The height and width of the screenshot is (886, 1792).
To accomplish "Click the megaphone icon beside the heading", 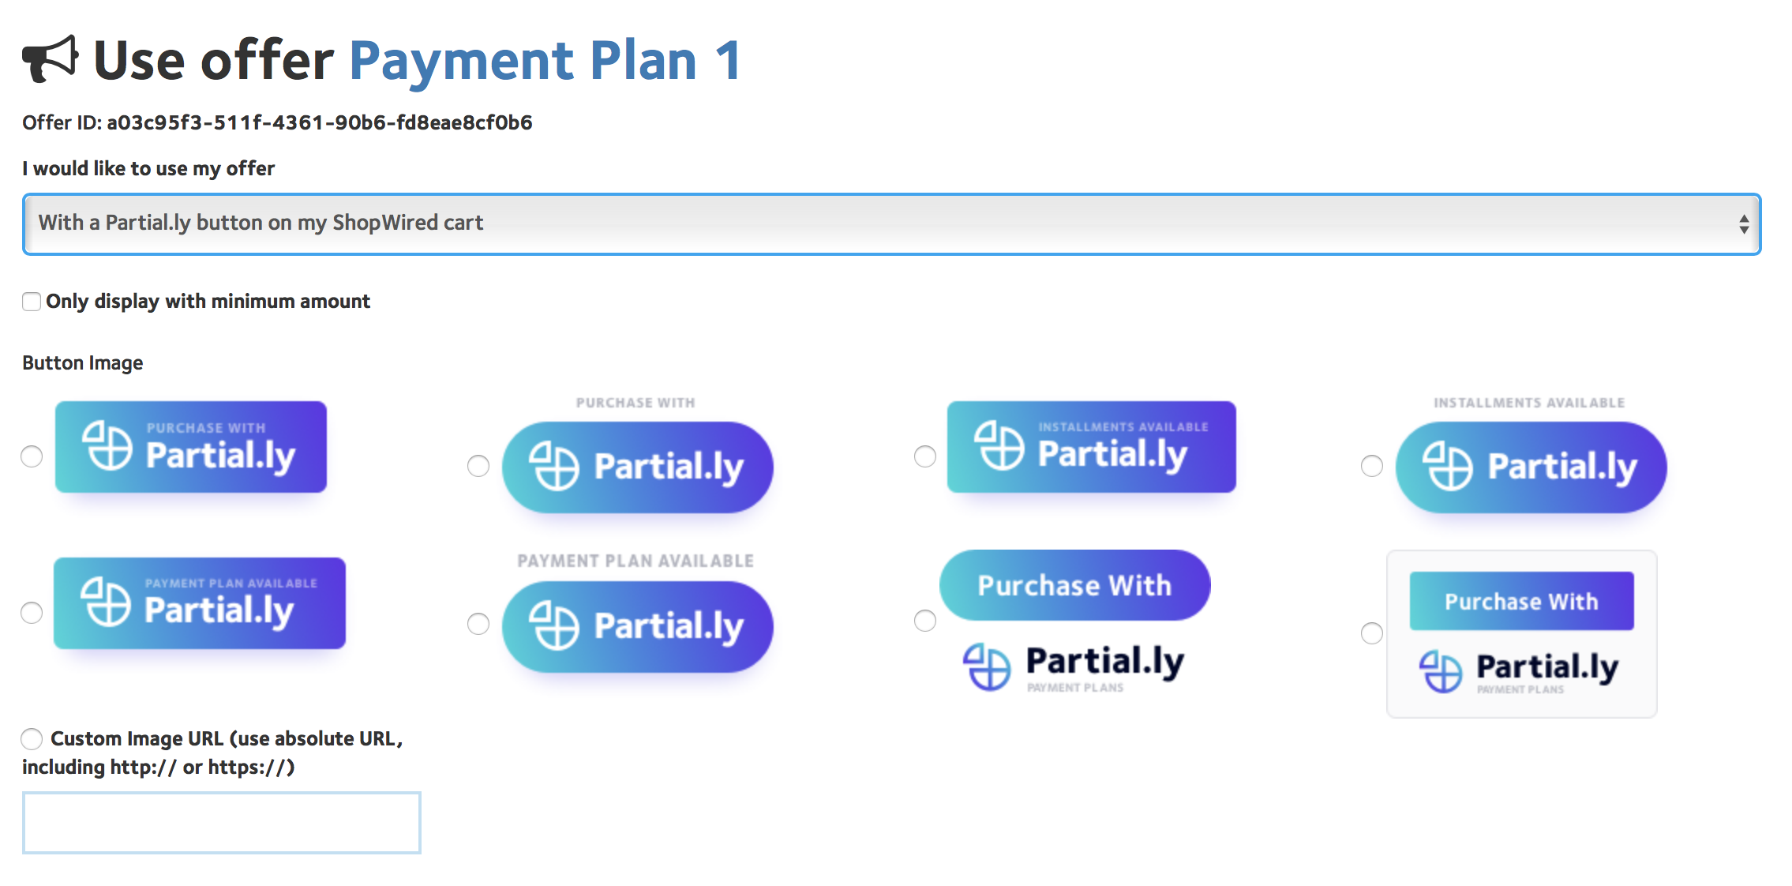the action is (x=51, y=59).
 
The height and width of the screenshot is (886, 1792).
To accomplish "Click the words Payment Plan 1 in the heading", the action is (x=545, y=61).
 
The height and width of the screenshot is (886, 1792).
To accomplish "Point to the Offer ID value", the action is (x=320, y=122).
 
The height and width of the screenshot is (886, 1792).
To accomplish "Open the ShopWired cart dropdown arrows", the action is (x=1743, y=224).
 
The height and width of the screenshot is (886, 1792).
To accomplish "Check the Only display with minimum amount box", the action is (x=32, y=302).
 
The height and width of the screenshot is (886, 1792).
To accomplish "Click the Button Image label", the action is (x=83, y=363).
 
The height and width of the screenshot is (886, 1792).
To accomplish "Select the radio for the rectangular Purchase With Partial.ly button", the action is (x=32, y=456).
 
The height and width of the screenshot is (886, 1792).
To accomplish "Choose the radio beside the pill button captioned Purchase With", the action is (x=478, y=466).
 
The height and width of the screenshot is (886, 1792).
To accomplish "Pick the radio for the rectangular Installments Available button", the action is (x=925, y=456).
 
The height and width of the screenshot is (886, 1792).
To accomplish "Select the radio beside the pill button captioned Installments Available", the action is (x=1372, y=466).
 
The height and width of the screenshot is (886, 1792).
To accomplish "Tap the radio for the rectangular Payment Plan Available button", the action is (x=32, y=613).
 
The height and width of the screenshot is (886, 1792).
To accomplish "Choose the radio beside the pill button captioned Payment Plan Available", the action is (x=478, y=624).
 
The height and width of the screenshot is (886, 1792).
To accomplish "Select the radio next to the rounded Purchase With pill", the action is (x=925, y=621).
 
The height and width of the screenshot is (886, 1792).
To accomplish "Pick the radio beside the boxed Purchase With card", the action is (x=1372, y=633).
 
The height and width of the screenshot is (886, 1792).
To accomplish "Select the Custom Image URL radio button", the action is (x=32, y=739).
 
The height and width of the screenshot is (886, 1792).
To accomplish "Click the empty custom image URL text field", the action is (x=222, y=823).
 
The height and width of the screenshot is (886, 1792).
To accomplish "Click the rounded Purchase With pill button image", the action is (x=1074, y=585).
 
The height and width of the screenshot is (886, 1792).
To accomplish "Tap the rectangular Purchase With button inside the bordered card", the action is (x=1522, y=601).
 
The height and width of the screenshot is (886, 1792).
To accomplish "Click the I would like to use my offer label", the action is (x=148, y=169).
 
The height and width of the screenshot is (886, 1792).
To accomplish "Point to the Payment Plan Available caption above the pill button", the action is (x=635, y=561).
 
